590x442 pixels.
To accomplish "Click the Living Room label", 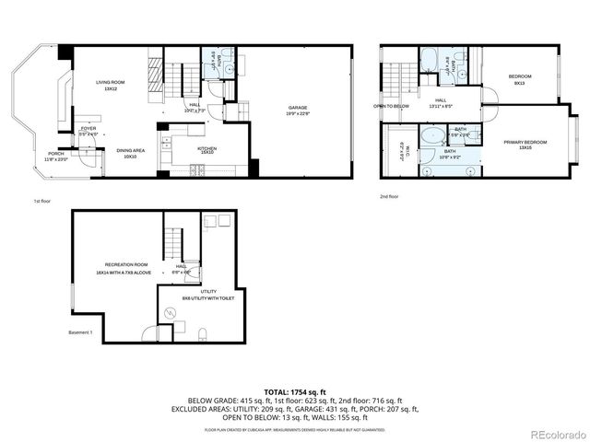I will point(111,86).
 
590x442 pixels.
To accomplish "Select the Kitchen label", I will point(206,149).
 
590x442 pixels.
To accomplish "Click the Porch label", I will point(56,157).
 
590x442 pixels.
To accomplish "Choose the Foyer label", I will point(88,131).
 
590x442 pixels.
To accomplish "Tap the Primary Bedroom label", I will point(525,145).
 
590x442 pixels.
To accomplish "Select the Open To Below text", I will point(392,106).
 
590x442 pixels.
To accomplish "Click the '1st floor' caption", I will point(42,201).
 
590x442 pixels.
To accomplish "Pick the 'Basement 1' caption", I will point(80,332).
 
